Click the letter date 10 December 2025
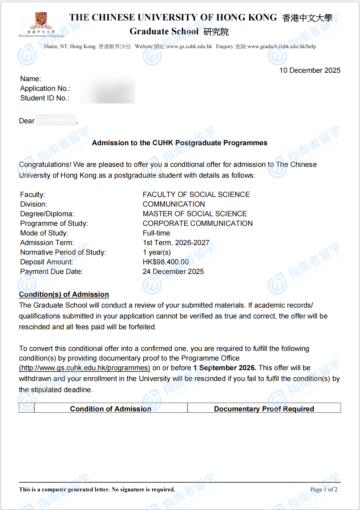pyautogui.click(x=310, y=70)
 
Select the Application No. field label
pyautogui.click(x=45, y=88)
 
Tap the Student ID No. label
pyautogui.click(x=45, y=98)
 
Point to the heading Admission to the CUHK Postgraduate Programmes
pyautogui.click(x=179, y=143)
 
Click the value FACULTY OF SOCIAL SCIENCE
pyautogui.click(x=196, y=195)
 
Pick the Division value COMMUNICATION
pyautogui.click(x=174, y=204)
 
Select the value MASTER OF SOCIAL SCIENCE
pyautogui.click(x=195, y=214)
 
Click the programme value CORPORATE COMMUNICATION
pyautogui.click(x=197, y=223)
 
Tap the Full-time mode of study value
pyautogui.click(x=156, y=233)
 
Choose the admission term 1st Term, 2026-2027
pyautogui.click(x=176, y=243)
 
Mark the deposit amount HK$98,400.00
pyautogui.click(x=166, y=262)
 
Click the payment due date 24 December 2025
pyautogui.click(x=173, y=272)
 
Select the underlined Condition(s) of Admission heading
pyautogui.click(x=64, y=294)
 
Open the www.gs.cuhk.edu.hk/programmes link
pyautogui.click(x=84, y=368)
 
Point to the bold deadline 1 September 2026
pyautogui.click(x=224, y=368)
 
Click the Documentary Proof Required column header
pyautogui.click(x=264, y=409)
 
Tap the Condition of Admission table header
pyautogui.click(x=111, y=409)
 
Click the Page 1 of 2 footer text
pyautogui.click(x=324, y=490)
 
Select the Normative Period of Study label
pyautogui.click(x=63, y=252)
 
